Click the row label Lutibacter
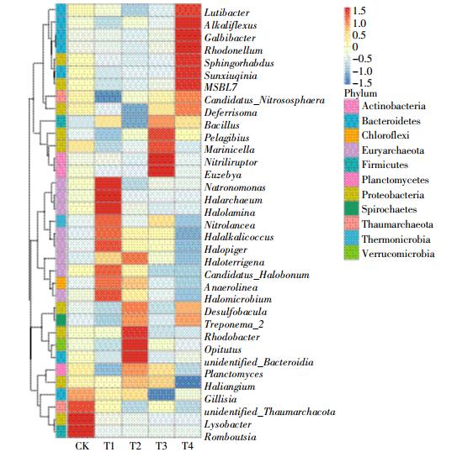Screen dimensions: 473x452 [227, 13]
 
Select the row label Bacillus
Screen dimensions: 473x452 [221, 125]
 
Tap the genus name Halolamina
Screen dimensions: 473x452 [230, 213]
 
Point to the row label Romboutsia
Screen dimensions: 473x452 [230, 437]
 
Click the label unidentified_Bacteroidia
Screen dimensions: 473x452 [259, 361]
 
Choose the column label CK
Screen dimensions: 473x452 [82, 445]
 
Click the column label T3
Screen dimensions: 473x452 [161, 445]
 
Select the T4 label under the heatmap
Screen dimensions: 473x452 [188, 445]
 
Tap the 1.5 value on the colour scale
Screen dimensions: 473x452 [359, 11]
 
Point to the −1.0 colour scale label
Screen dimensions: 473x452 [362, 71]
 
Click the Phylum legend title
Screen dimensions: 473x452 [360, 93]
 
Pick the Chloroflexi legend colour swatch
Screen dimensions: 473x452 [352, 135]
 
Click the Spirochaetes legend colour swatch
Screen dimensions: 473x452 [352, 209]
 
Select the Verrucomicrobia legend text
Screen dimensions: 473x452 [398, 254]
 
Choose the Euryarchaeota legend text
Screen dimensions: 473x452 [393, 150]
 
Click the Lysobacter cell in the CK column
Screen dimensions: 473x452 [81, 424]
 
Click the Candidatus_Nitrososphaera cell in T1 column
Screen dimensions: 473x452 [108, 97]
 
